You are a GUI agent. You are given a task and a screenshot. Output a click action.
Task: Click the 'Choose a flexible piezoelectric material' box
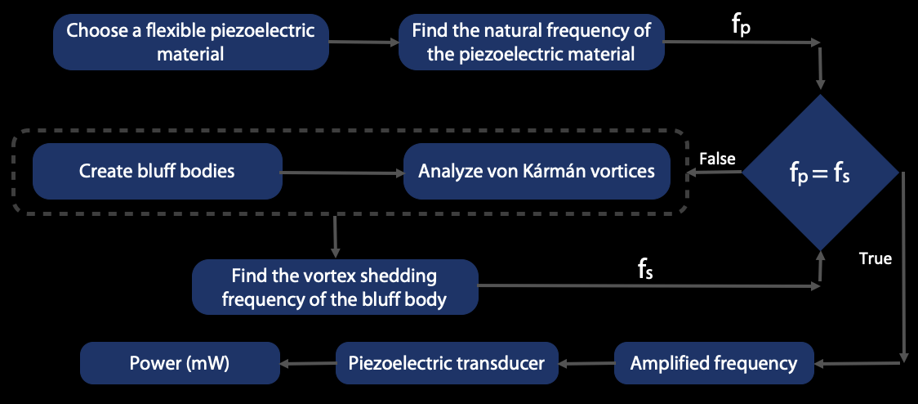pyautogui.click(x=191, y=43)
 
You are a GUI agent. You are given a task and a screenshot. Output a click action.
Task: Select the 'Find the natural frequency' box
pyautogui.click(x=531, y=43)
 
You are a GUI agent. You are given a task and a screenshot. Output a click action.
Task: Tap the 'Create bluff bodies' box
pyautogui.click(x=157, y=172)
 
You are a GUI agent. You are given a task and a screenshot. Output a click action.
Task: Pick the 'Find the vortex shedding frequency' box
pyautogui.click(x=334, y=287)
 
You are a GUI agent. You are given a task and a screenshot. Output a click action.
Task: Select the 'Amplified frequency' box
pyautogui.click(x=714, y=363)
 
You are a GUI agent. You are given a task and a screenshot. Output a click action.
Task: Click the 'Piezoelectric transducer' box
pyautogui.click(x=446, y=363)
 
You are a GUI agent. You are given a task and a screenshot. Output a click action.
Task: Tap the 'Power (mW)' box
pyautogui.click(x=180, y=363)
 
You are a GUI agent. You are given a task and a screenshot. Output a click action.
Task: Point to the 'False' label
pyautogui.click(x=718, y=159)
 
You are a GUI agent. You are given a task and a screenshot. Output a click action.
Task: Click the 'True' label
pyautogui.click(x=875, y=259)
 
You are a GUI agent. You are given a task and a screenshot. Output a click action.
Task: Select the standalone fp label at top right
pyautogui.click(x=742, y=24)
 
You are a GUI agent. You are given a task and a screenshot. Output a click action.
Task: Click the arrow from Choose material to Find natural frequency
pyautogui.click(x=363, y=43)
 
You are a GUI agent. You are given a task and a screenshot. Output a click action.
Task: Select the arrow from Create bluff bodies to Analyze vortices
pyautogui.click(x=342, y=173)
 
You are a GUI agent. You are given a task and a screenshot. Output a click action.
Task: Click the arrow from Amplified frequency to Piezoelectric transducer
pyautogui.click(x=586, y=363)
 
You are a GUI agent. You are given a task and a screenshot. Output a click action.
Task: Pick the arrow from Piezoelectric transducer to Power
pyautogui.click(x=307, y=363)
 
